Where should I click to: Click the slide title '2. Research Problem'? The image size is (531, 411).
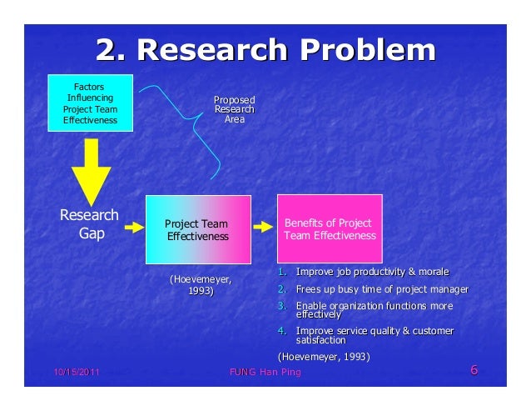(x=265, y=51)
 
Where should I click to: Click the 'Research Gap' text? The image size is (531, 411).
(x=90, y=225)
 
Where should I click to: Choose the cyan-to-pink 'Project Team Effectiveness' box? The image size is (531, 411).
(x=198, y=230)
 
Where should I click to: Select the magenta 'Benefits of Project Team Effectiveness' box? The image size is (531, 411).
(x=329, y=229)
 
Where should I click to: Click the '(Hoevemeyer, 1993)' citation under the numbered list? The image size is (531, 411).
(x=323, y=357)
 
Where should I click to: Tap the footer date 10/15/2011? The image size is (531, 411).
(x=72, y=372)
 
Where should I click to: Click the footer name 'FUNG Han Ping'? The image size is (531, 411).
(x=265, y=372)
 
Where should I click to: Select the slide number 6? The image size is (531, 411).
(x=474, y=371)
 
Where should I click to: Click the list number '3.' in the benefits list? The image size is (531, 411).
(x=281, y=306)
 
